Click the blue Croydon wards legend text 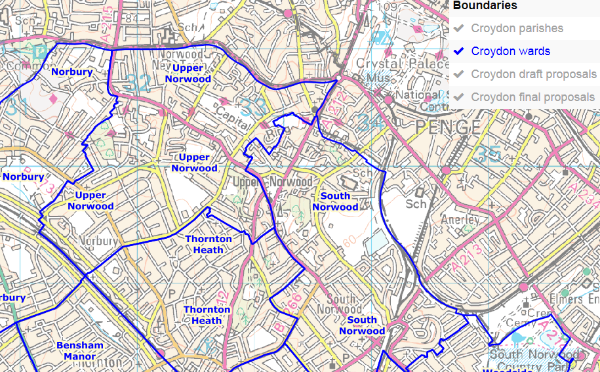click(510, 51)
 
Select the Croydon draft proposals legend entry click(534, 74)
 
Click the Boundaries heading click(485, 6)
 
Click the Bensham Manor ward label click(80, 350)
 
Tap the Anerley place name click(462, 220)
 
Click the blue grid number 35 click(489, 154)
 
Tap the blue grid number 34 click(371, 121)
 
